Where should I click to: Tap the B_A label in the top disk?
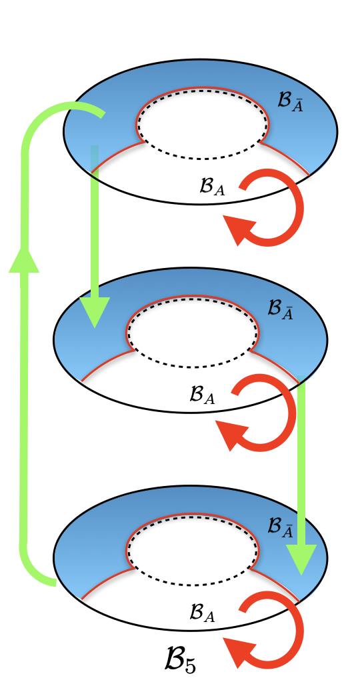(212, 187)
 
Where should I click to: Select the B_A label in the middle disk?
(202, 396)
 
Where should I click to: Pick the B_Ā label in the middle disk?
(281, 309)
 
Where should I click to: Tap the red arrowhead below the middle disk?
(234, 436)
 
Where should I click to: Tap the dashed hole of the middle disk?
(192, 335)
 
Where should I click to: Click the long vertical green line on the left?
(27, 400)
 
